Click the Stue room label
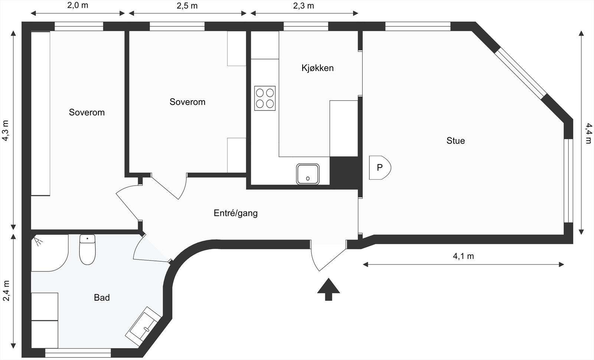pos(456,141)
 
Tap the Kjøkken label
pos(317,68)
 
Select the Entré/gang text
pos(235,213)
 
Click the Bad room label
pos(102,297)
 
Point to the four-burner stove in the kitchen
pos(265,98)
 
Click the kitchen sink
pos(308,174)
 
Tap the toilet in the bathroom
pos(88,250)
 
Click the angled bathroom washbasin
pos(143,324)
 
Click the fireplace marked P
pos(379,167)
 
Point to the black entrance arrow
pos(329,289)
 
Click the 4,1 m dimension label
pos(463,256)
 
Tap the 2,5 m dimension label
pos(187,6)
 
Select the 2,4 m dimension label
pos(6,291)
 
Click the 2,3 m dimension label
pos(303,6)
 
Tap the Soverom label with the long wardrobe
pos(87,112)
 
